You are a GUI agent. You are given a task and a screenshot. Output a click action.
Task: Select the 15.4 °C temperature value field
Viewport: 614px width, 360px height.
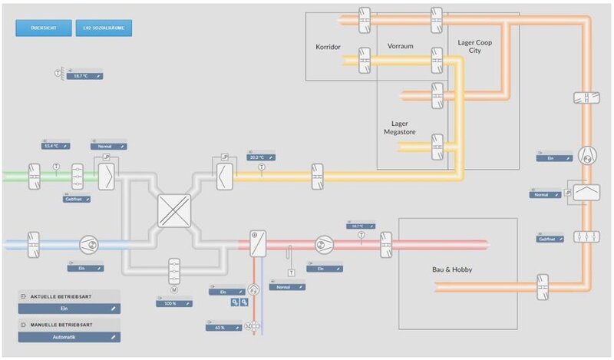55,145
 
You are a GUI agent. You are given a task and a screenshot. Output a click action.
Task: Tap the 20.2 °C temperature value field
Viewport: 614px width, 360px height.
261,157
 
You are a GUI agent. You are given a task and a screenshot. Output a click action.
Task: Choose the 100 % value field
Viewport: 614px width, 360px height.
172,303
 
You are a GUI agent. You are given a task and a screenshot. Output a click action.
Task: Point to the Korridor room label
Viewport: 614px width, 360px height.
328,47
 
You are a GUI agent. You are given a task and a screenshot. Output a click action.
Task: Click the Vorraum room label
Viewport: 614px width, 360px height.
400,47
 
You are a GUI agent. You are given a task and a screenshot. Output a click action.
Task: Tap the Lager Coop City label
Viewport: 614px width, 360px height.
474,47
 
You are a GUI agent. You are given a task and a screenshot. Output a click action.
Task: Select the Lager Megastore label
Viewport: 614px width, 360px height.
399,127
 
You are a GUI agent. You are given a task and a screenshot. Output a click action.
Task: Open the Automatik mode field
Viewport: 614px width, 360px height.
70,336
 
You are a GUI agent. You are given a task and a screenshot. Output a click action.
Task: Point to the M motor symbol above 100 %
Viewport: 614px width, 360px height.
174,289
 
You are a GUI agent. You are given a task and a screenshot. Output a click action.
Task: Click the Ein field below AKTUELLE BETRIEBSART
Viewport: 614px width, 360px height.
70,309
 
